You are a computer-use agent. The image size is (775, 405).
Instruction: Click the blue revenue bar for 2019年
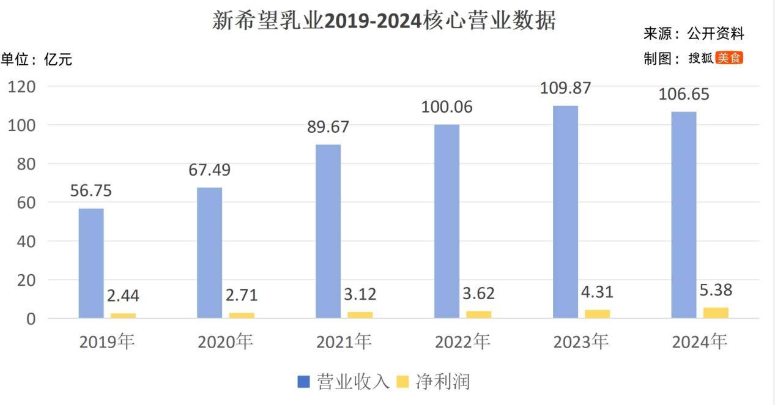pos(91,263)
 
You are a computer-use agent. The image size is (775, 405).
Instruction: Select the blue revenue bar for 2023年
pos(565,212)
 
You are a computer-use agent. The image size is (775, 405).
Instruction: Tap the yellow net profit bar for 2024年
pos(716,313)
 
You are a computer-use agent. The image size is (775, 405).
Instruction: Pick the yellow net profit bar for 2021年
pos(360,314)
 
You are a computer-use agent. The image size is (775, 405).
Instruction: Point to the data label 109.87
pos(565,88)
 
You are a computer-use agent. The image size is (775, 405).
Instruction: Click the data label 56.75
pos(91,191)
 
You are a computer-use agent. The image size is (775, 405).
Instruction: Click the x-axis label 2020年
pos(225,342)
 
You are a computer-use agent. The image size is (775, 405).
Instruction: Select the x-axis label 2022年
pos(462,342)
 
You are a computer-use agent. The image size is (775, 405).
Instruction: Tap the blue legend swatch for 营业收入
pos(304,382)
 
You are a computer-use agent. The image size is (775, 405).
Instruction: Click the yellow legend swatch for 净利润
pos(402,382)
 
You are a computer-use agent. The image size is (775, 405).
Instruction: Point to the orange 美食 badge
pos(729,58)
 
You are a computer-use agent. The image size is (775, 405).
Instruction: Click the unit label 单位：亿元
pos(37,59)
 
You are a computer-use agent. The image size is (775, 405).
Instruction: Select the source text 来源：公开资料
pos(694,34)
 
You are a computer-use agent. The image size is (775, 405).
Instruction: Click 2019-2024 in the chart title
pos(373,21)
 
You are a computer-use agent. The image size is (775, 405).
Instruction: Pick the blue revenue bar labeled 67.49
pos(209,253)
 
